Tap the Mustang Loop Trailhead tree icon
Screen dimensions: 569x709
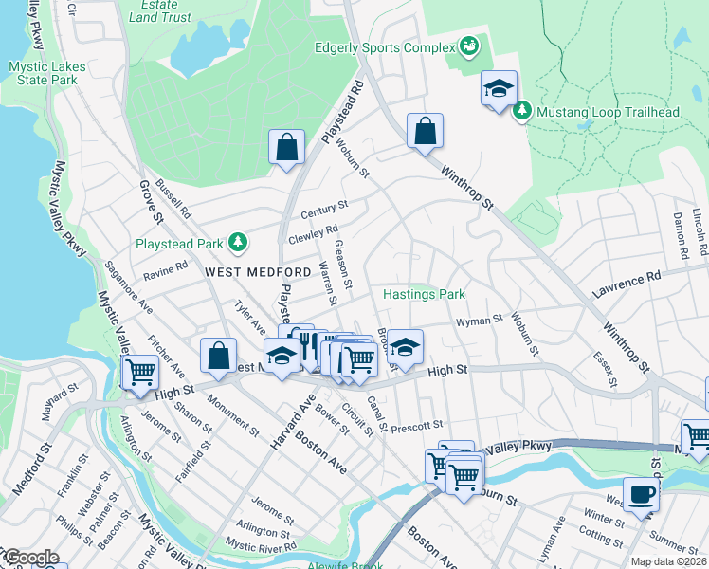coord(521,112)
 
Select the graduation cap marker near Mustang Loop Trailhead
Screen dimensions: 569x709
coord(499,90)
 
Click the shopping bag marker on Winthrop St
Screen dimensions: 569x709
coord(426,131)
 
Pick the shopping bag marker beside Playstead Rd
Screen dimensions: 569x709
coord(286,148)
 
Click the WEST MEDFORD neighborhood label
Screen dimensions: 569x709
coord(258,272)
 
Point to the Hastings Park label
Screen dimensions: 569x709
coord(424,294)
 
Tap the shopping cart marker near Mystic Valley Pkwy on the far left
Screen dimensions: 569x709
coord(140,371)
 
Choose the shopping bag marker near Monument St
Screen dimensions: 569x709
coord(218,357)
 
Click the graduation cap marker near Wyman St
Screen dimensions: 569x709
coord(405,346)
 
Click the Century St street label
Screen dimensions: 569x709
coord(325,208)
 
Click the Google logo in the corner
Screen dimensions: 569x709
coord(30,558)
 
